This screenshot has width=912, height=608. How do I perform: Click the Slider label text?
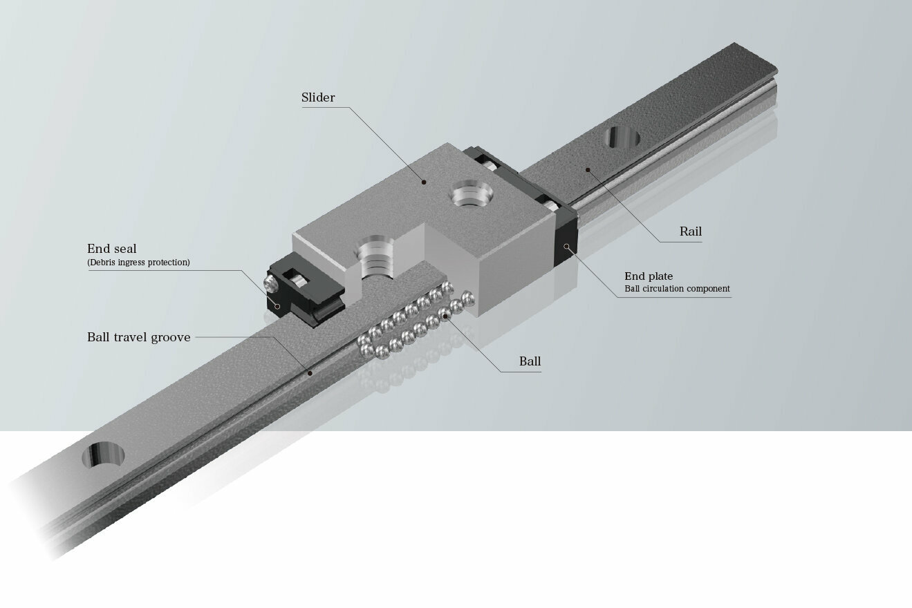(318, 97)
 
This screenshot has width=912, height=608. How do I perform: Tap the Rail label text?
(690, 231)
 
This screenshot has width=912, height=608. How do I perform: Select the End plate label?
(649, 276)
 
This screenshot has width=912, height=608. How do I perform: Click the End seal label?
(111, 249)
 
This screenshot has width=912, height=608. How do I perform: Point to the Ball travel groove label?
(138, 337)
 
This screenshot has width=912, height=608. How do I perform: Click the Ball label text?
(530, 361)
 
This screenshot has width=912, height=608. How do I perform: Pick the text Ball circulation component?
(677, 289)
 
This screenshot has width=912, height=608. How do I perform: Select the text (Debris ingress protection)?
(138, 263)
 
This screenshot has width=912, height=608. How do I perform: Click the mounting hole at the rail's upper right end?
(621, 137)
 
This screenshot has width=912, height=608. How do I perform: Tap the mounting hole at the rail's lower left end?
(104, 456)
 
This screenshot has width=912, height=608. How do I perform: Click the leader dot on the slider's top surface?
(425, 182)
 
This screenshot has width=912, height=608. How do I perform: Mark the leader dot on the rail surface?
(587, 169)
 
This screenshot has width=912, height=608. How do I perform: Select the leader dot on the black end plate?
(567, 246)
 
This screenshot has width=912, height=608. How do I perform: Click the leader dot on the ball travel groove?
(310, 373)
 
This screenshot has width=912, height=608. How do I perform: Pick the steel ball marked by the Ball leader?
(448, 316)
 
